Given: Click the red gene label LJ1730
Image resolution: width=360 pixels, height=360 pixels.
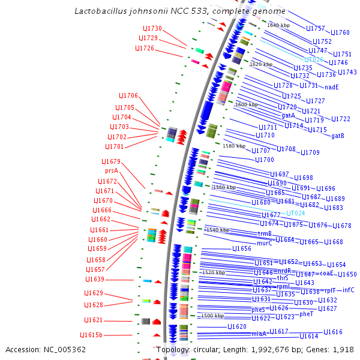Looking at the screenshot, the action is click(152, 29).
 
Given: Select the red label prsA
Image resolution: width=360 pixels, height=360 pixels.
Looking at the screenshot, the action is click(112, 171).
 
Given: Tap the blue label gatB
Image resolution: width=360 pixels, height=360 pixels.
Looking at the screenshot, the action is click(338, 136).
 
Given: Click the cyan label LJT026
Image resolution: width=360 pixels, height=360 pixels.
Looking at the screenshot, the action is click(313, 60).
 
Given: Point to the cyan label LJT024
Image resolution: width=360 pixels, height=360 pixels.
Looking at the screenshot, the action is click(295, 213).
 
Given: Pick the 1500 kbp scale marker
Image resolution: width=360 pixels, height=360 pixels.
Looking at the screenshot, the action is click(212, 316).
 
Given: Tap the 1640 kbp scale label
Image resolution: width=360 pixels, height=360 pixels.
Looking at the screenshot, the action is click(278, 25).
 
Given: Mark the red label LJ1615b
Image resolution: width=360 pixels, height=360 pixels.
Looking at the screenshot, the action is click(91, 335).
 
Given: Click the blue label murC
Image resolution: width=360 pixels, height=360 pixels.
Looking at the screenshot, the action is click(264, 243).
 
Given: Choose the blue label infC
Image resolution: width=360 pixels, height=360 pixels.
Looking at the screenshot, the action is click(349, 290).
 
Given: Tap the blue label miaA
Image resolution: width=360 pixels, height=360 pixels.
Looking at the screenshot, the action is click(259, 333).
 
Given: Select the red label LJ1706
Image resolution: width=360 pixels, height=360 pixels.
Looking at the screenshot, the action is click(128, 96).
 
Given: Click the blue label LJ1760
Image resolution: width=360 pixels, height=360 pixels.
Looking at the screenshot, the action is click(340, 32).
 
